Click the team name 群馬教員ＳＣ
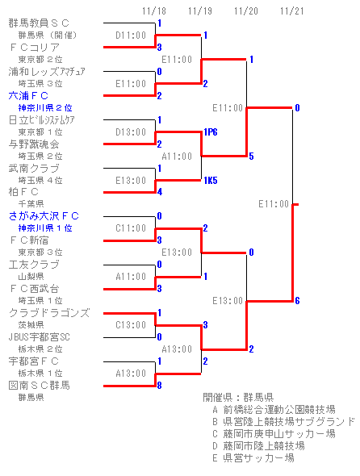(39, 23)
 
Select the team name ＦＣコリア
(35, 48)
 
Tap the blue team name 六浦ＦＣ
(28, 96)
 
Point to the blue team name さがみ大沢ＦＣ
(44, 216)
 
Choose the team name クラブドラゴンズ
(49, 313)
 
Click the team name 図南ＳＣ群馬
(40, 386)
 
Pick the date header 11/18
(154, 11)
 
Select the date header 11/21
(292, 11)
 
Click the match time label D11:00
(131, 35)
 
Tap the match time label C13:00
(131, 325)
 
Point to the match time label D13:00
(131, 132)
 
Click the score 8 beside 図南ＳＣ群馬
(160, 386)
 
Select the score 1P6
(211, 132)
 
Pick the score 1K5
(211, 181)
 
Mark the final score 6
(297, 301)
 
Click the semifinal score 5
(251, 157)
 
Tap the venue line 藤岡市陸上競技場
(258, 446)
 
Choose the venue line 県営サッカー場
(253, 457)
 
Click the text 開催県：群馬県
(238, 398)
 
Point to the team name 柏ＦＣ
(23, 192)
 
